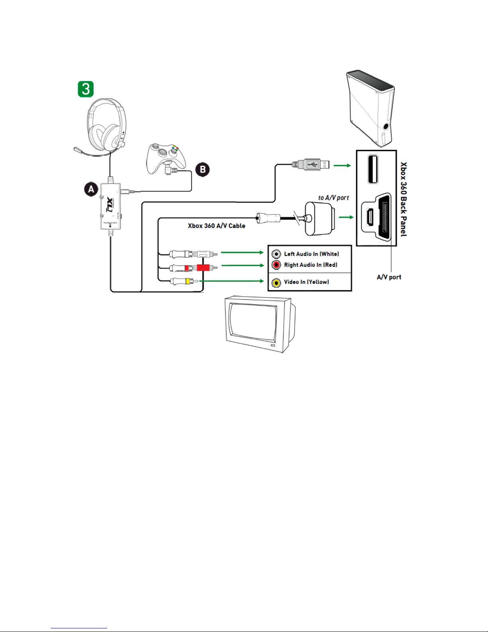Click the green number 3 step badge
click(85, 89)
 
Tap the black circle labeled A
click(91, 189)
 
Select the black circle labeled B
click(202, 169)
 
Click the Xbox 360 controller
click(166, 158)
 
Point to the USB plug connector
click(314, 164)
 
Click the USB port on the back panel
click(373, 169)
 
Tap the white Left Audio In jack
click(276, 254)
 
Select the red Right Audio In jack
click(276, 265)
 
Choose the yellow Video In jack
click(276, 283)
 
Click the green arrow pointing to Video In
click(231, 281)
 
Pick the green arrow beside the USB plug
click(342, 165)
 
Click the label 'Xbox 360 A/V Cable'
click(216, 226)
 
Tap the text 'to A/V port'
click(333, 198)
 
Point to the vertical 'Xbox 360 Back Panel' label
click(404, 199)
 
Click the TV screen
click(253, 321)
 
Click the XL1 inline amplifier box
click(111, 207)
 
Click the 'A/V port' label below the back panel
click(389, 277)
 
